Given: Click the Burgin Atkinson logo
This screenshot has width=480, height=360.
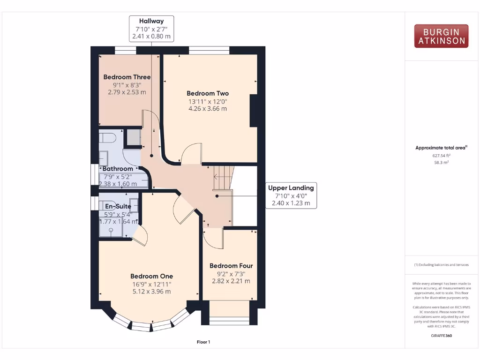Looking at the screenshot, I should click(x=441, y=36).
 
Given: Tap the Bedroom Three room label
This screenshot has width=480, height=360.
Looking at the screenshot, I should click(x=127, y=77).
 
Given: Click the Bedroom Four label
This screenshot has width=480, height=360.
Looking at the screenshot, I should click(x=231, y=266).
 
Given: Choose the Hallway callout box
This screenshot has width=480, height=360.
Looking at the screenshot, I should click(x=151, y=29).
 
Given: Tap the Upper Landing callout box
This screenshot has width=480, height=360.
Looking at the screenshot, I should click(x=291, y=195).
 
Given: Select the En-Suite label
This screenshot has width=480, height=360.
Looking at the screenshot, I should click(x=118, y=206).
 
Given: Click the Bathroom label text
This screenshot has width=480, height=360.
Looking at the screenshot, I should click(x=118, y=169).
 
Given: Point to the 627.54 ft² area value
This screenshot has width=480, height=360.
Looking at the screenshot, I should click(x=441, y=155).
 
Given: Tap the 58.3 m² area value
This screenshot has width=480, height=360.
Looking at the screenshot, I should click(x=441, y=163).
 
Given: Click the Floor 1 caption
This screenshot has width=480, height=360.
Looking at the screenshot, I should click(x=203, y=342).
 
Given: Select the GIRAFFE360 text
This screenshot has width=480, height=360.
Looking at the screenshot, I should click(x=441, y=336).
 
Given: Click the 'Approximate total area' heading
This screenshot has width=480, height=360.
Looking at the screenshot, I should click(x=441, y=148).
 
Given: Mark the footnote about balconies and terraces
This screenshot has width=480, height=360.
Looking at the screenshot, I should click(x=441, y=265).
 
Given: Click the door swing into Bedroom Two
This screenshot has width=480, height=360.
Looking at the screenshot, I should click(x=191, y=155).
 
